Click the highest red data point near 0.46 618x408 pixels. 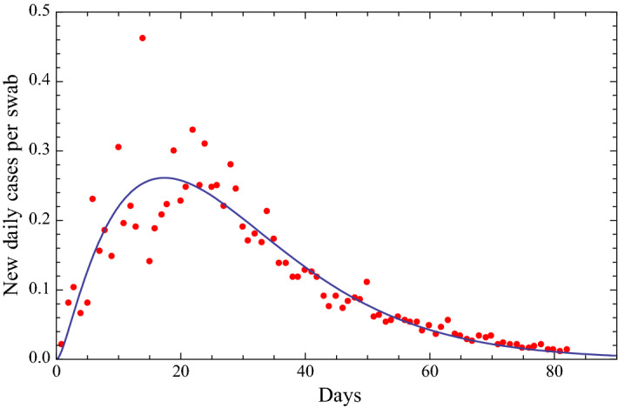click(x=143, y=38)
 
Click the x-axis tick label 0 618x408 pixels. click(x=57, y=374)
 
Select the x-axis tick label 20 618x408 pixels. click(x=180, y=374)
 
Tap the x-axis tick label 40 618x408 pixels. click(x=305, y=374)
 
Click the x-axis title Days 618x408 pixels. click(x=335, y=396)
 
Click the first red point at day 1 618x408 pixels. click(x=61, y=344)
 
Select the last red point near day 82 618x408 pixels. click(x=567, y=350)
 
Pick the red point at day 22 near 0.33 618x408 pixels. click(x=192, y=130)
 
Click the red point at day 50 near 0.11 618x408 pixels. click(x=366, y=282)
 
